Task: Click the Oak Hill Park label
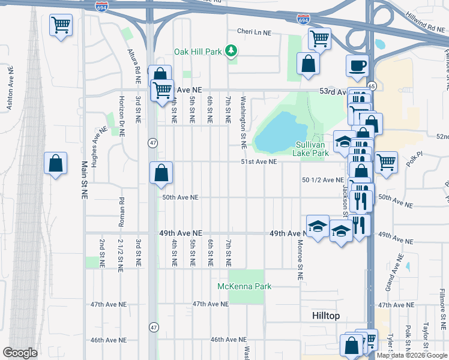pos(198,52)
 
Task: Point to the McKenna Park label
pos(244,286)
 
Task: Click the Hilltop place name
pos(327,315)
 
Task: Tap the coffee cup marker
pos(359,65)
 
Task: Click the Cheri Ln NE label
pos(254,32)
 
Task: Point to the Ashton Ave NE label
pos(10,88)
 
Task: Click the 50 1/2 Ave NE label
pos(323,179)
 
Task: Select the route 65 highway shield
pos(372,86)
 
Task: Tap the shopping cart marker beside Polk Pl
pos(386,161)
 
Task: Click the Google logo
pos(20,352)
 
